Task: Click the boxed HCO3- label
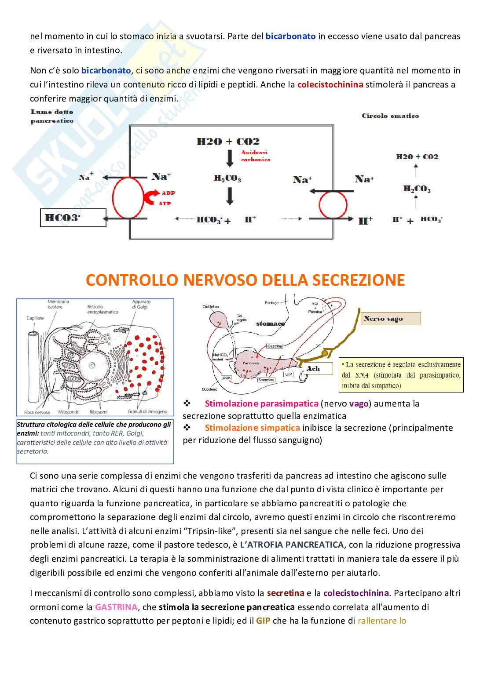point(73,218)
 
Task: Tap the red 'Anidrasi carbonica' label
point(255,156)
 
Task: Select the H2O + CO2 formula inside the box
point(228,142)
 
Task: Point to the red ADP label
point(168,193)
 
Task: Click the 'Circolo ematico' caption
point(390,116)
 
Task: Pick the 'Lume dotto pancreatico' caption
point(52,116)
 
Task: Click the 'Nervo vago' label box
point(391,318)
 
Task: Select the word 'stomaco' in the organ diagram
point(271,323)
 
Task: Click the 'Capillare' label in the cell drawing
point(35,318)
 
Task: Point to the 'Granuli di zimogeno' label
point(147,412)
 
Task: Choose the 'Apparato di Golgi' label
point(141,304)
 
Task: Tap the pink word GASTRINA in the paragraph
point(116,607)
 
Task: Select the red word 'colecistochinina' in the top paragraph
point(330,84)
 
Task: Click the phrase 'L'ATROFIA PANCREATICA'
point(292,545)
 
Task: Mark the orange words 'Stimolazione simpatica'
point(252,428)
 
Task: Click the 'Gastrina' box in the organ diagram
point(275,346)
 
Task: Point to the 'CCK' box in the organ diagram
point(227,378)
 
